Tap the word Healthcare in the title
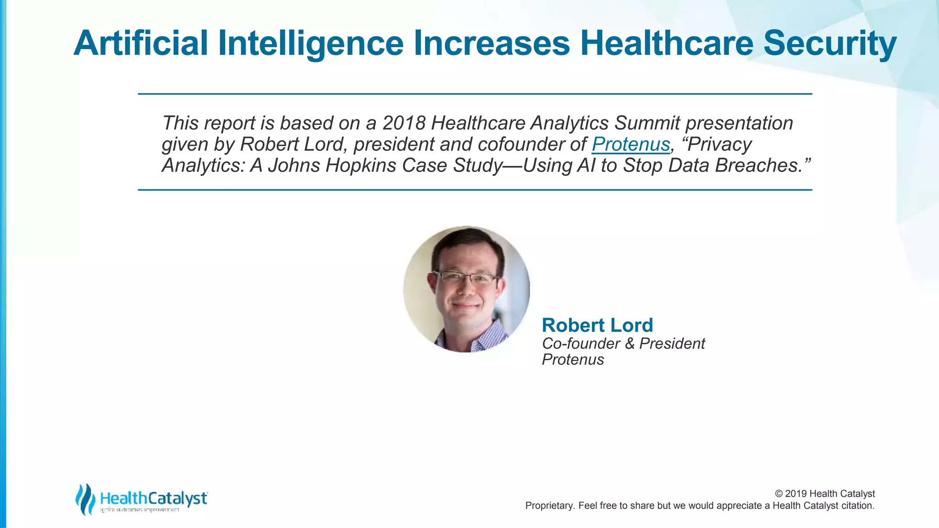(667, 43)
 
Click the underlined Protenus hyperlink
(630, 144)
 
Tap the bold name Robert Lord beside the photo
(597, 325)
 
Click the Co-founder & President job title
(623, 343)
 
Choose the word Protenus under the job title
(573, 360)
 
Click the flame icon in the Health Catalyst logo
(85, 499)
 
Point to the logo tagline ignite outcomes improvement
(139, 510)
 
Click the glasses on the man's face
(466, 278)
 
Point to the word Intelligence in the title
(311, 43)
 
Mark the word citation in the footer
(857, 506)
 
